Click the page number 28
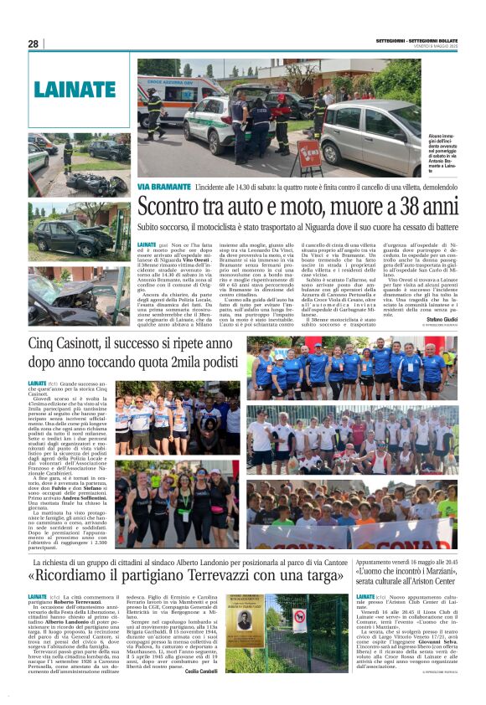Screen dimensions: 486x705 point(33,44)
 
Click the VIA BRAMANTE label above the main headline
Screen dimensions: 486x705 point(164,186)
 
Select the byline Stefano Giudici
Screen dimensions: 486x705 point(442,318)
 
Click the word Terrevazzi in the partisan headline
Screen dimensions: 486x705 point(216,576)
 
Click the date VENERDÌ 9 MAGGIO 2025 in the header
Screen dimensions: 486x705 point(435,46)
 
